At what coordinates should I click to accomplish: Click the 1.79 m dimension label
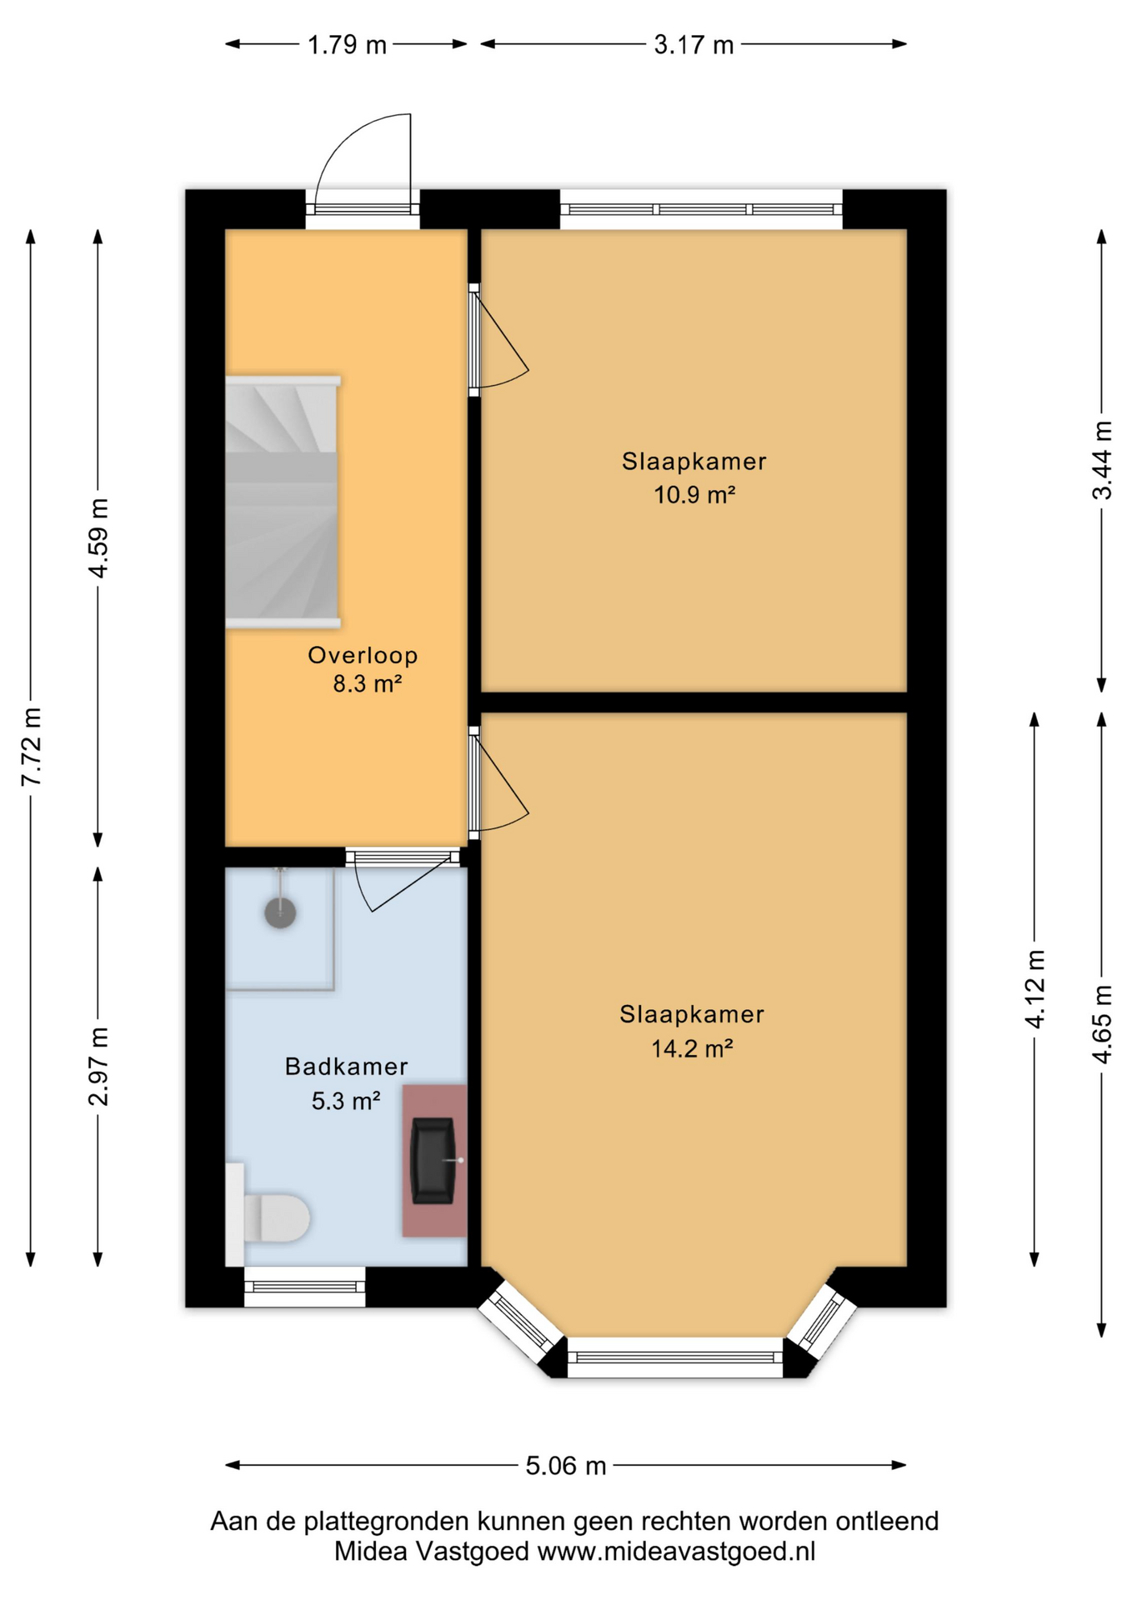(347, 44)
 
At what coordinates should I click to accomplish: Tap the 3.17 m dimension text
(694, 44)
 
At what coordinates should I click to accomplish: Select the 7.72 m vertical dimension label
(32, 747)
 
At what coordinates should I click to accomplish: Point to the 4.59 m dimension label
(98, 538)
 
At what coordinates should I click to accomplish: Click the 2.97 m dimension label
(98, 1066)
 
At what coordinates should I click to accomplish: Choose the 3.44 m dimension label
(1102, 460)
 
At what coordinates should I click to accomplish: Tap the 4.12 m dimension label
(1034, 989)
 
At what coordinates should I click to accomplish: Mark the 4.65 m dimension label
(1102, 1024)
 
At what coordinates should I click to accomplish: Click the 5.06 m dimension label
(565, 1466)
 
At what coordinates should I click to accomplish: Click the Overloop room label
(363, 655)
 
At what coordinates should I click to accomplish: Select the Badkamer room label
(346, 1066)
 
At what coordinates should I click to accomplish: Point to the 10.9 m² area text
(694, 495)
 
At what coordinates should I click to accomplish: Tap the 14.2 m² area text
(692, 1048)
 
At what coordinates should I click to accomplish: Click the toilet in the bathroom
(268, 1216)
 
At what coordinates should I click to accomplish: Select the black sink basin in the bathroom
(433, 1160)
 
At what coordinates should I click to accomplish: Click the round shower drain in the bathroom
(280, 912)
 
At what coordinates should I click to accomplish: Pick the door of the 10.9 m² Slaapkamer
(498, 339)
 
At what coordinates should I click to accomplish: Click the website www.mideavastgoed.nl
(676, 1551)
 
